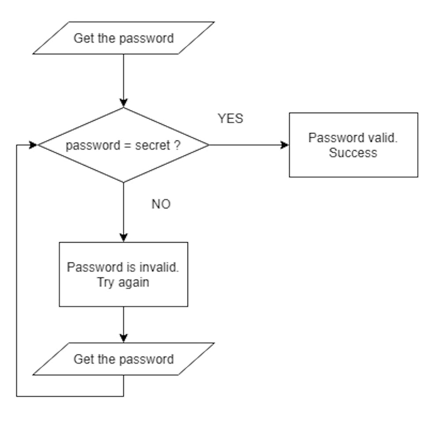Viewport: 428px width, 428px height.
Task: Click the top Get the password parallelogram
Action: [123, 38]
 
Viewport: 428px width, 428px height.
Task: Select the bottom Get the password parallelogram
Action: [123, 359]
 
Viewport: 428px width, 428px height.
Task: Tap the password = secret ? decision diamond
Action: [123, 145]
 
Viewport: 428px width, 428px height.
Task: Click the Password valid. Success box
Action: [353, 145]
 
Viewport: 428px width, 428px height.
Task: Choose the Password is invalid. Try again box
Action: [123, 274]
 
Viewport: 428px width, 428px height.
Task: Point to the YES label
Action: [230, 118]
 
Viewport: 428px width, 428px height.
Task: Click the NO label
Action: [161, 204]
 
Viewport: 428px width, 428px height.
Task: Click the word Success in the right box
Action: [353, 153]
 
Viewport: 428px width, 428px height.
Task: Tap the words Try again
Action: [123, 282]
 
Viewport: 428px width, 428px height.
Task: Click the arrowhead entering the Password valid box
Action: [285, 145]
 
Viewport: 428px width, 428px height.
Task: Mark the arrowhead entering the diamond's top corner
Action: [123, 103]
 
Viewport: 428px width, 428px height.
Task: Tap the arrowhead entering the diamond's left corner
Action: [34, 145]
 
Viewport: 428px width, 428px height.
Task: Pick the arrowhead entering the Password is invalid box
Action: [123, 238]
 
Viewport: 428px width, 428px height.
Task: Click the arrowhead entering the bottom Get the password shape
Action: [123, 338]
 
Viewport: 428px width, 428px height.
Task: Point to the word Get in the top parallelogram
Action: [83, 38]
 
